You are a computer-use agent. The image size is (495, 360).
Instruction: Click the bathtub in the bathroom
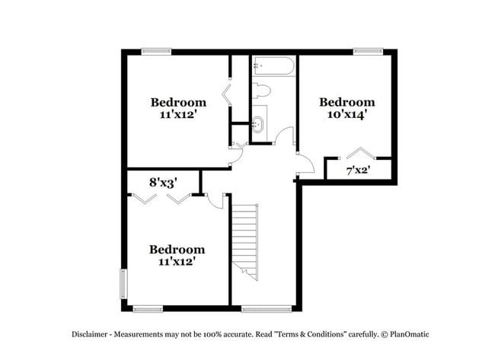(x=272, y=66)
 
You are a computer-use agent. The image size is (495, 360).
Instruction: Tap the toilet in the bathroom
(x=261, y=91)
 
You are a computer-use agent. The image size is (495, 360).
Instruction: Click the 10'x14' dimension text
(x=346, y=116)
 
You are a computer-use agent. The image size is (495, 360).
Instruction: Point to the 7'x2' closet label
(x=357, y=170)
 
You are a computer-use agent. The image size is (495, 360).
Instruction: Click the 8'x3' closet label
(x=163, y=183)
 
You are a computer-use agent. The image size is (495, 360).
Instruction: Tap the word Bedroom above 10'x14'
(x=346, y=102)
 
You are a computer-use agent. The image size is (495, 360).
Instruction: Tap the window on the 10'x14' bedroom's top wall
(x=367, y=52)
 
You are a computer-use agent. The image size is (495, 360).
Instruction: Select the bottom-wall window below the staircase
(x=267, y=308)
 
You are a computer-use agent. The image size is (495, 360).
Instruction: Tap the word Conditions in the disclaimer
(x=324, y=334)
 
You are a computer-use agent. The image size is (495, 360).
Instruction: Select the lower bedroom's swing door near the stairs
(x=216, y=199)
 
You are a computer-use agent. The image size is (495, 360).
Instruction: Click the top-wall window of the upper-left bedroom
(x=155, y=52)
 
